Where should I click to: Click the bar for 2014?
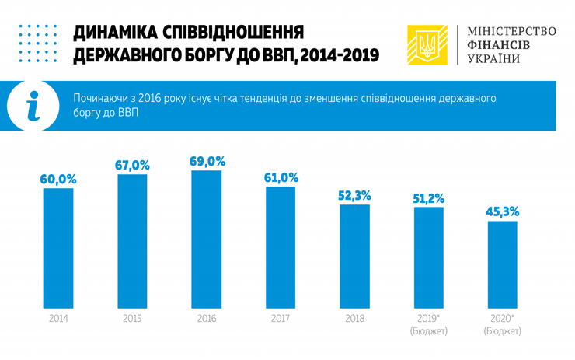coord(57,247)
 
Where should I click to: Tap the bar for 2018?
coord(354,256)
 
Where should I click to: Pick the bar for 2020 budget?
coord(503,264)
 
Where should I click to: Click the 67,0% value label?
coord(133,165)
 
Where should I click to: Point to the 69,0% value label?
coord(207,161)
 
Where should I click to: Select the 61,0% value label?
coord(281,177)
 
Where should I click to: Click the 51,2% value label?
coord(428,198)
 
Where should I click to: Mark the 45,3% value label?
coord(503,211)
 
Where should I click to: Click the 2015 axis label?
coord(132,318)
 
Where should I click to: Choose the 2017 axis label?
coord(281,318)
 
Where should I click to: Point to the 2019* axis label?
coord(428,318)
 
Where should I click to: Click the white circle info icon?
coord(32,106)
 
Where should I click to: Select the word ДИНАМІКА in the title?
coord(115,33)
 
